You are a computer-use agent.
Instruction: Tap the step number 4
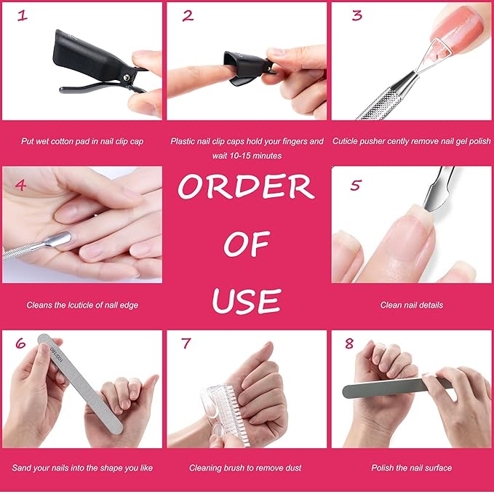pos(20,185)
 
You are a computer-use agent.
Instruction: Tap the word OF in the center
pos(246,245)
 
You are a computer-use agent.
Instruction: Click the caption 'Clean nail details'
pos(411,306)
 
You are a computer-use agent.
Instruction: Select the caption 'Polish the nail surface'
pos(411,468)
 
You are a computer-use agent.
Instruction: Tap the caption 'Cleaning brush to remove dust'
pos(245,468)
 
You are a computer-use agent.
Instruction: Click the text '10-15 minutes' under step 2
pos(247,156)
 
